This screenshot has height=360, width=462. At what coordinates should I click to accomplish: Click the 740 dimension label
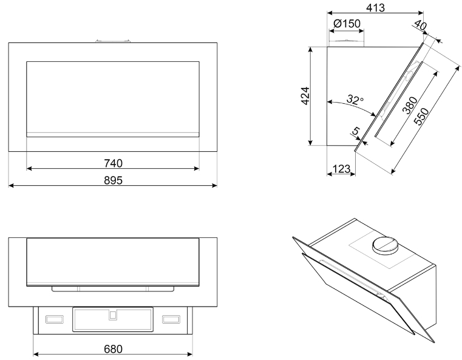(x=113, y=163)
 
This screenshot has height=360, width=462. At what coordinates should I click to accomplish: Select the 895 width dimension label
(x=113, y=180)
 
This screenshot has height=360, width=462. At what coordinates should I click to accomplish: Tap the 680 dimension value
(x=113, y=349)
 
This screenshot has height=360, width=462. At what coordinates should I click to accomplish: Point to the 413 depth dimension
(x=375, y=8)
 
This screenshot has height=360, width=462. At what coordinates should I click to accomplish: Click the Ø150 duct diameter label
(x=347, y=24)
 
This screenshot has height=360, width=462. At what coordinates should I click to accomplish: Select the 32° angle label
(x=355, y=100)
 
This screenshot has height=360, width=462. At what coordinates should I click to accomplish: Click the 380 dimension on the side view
(x=410, y=105)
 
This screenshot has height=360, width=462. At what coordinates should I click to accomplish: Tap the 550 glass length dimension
(x=421, y=116)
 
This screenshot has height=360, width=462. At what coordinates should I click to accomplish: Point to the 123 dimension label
(x=341, y=169)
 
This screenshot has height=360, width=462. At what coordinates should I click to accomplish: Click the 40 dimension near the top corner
(x=421, y=25)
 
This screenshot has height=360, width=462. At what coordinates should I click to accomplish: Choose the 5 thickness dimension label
(x=356, y=131)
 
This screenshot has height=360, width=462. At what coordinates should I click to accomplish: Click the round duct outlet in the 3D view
(x=385, y=245)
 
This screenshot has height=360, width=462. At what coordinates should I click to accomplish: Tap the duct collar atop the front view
(x=113, y=40)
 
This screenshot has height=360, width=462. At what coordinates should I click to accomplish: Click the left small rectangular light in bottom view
(x=55, y=319)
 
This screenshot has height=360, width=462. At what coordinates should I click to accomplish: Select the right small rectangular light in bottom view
(x=171, y=319)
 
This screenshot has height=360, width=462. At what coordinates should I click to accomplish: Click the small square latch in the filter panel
(x=112, y=316)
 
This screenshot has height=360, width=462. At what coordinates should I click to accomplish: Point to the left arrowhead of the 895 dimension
(x=11, y=185)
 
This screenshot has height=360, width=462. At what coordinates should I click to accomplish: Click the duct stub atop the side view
(x=346, y=43)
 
